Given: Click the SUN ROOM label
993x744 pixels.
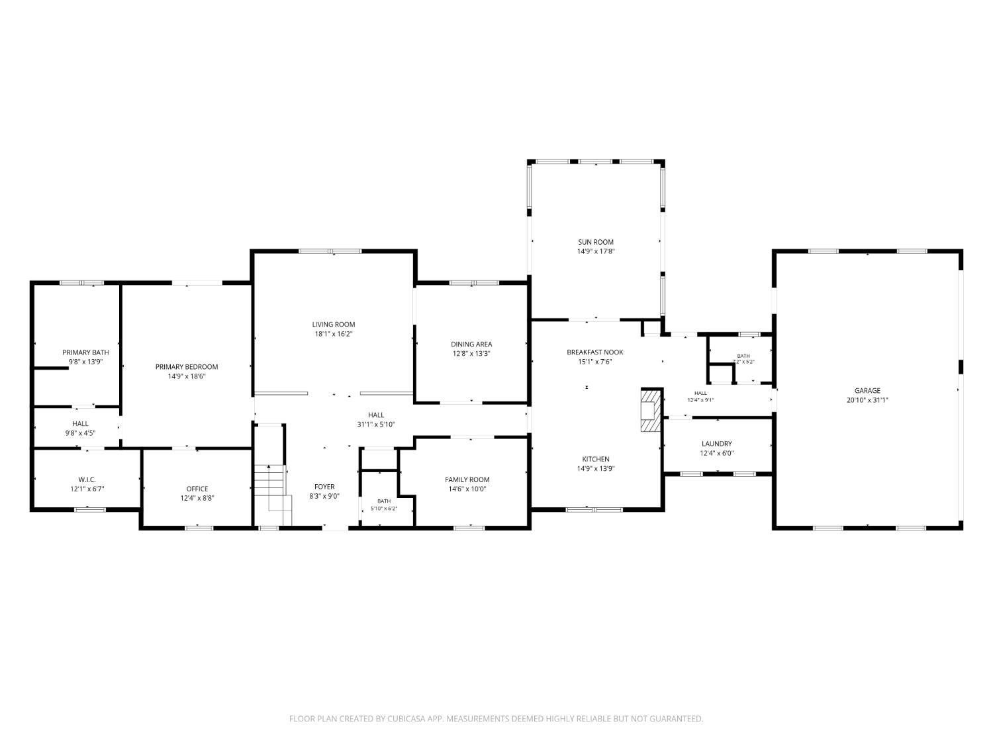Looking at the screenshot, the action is [x=595, y=242].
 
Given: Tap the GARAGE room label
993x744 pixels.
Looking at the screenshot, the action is [x=867, y=391].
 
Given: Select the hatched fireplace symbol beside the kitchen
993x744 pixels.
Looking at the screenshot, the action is [x=651, y=410].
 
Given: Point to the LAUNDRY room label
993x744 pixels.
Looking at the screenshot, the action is [x=716, y=444].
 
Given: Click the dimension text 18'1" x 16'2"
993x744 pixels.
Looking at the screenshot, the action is [x=334, y=334].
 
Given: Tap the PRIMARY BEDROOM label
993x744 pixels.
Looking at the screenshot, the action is [x=187, y=367].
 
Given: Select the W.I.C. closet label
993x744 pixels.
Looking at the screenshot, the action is [x=87, y=479].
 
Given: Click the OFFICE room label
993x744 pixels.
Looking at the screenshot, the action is [x=197, y=489].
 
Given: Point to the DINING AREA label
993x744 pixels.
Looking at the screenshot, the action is [x=471, y=344].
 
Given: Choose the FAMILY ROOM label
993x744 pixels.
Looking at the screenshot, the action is [x=467, y=479].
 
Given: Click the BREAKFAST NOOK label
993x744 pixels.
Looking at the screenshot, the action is [x=595, y=352].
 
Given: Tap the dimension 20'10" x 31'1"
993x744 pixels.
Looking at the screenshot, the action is [x=867, y=400].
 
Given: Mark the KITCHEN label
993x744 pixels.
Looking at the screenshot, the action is [x=595, y=459].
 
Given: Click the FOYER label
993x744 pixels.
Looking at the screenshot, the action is [x=324, y=487].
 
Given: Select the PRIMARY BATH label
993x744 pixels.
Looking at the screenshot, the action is [x=85, y=352].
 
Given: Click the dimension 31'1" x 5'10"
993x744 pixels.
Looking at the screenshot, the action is [x=376, y=424].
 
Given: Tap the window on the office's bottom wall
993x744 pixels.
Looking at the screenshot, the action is [x=199, y=527].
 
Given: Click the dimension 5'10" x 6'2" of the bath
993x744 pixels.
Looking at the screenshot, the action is [x=383, y=508].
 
